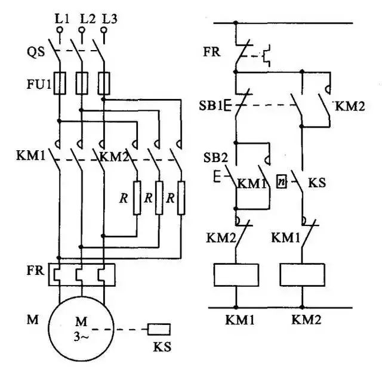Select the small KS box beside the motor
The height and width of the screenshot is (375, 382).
point(159,328)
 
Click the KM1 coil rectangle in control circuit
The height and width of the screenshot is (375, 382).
point(236,274)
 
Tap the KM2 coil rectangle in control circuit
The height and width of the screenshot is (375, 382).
point(303,274)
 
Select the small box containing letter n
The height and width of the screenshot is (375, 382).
point(282,181)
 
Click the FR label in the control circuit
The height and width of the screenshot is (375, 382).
point(212,51)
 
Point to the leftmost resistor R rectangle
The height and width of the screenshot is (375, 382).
point(137,197)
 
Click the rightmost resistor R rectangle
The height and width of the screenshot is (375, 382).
point(181,197)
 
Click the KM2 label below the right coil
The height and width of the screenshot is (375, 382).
point(306,320)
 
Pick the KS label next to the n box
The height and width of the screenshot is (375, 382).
point(316,181)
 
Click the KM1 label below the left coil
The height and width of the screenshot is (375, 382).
point(239,320)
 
